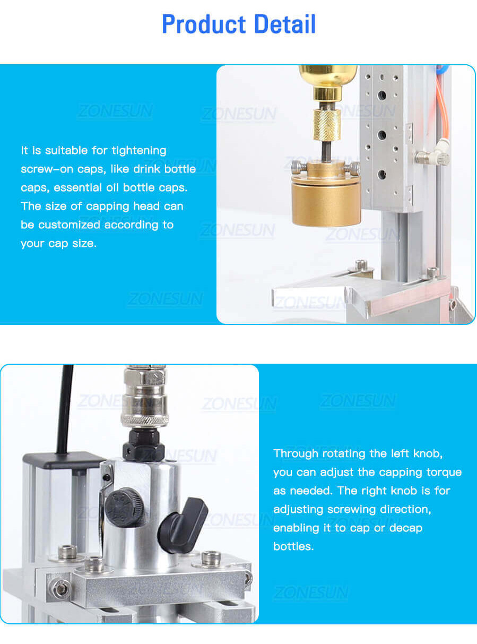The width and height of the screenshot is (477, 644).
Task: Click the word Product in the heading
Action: [204, 24]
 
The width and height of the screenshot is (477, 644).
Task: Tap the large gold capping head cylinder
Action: [325, 202]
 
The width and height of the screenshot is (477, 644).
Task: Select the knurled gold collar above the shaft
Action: [326, 124]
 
